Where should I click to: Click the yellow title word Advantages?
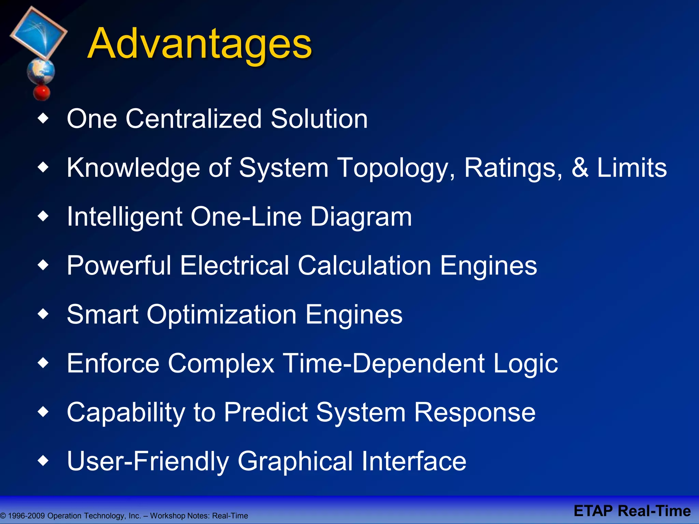click(x=200, y=44)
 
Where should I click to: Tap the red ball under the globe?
click(x=42, y=92)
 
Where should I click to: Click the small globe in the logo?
click(x=41, y=71)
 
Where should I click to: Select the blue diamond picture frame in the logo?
click(x=39, y=32)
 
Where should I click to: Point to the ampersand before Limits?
click(x=580, y=168)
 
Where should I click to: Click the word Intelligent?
click(x=125, y=217)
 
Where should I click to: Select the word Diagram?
click(x=361, y=217)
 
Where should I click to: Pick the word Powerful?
click(x=119, y=265)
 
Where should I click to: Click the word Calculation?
click(x=364, y=265)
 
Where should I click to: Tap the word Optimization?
click(x=222, y=315)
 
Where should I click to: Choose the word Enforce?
click(x=113, y=363)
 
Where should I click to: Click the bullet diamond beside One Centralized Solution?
click(x=43, y=119)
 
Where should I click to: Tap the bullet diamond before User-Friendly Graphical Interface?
click(x=43, y=461)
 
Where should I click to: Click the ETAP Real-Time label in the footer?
click(x=632, y=511)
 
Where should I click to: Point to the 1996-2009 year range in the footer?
click(x=26, y=516)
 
